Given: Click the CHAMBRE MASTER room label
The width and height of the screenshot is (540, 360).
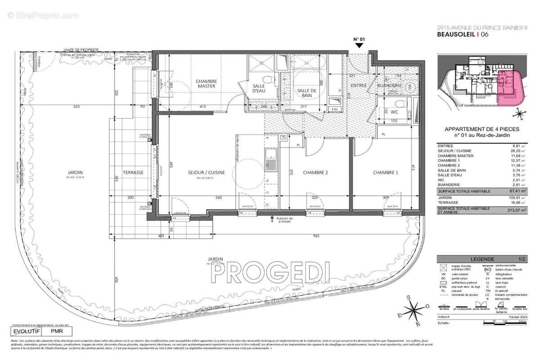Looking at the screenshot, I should coord(206,84).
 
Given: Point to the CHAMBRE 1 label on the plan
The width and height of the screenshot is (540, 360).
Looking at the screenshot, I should coord(386,172).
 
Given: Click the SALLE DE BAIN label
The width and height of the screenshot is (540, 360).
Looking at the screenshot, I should coord(307,93).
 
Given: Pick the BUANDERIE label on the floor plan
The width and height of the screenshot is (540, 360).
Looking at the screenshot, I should coord(389,85).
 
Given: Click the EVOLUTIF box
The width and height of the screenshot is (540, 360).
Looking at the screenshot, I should coord(25,331).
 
